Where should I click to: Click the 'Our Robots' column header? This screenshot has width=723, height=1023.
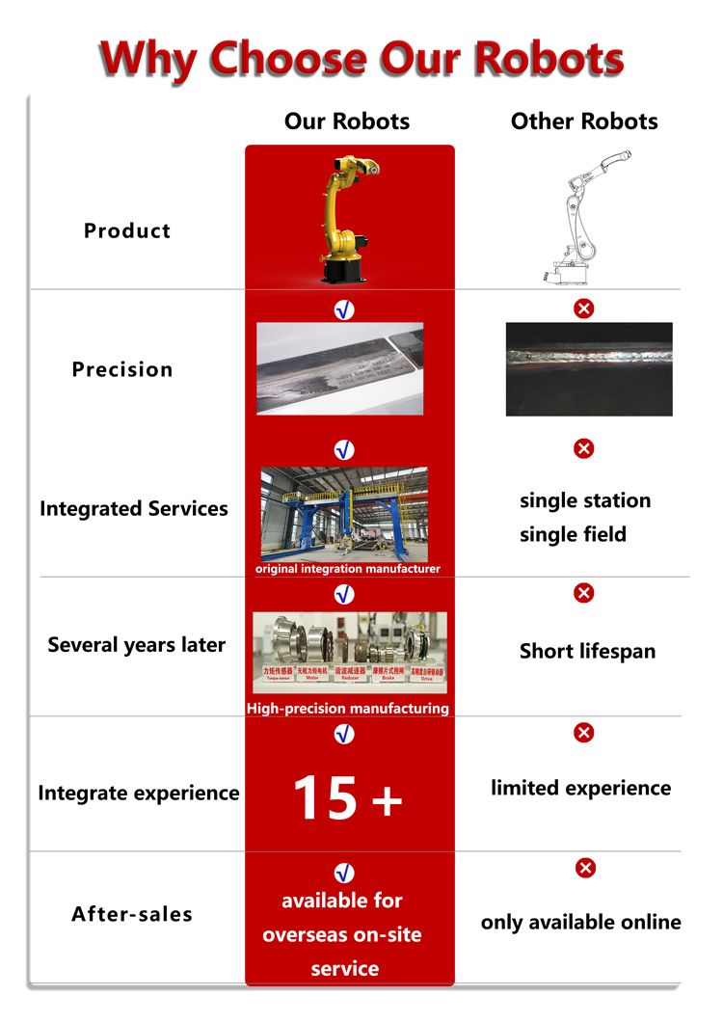click(x=346, y=121)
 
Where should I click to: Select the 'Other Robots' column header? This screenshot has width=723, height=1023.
click(x=584, y=121)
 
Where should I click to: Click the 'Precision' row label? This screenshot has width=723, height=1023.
click(x=122, y=369)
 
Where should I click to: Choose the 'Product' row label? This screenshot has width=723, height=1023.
click(x=127, y=231)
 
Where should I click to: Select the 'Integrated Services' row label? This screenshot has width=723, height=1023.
click(x=134, y=509)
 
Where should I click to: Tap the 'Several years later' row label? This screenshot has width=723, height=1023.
click(x=136, y=645)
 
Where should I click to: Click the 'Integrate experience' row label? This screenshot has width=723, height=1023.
click(x=139, y=794)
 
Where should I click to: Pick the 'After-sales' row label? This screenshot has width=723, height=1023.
click(x=132, y=914)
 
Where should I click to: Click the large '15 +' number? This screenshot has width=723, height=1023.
click(x=346, y=798)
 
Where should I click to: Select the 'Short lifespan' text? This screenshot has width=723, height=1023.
click(x=587, y=652)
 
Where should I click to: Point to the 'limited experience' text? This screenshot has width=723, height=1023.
click(x=580, y=789)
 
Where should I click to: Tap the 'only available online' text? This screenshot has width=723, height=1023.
click(x=580, y=923)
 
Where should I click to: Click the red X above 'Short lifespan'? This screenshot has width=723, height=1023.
click(x=583, y=592)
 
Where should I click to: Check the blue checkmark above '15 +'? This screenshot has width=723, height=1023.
click(x=344, y=735)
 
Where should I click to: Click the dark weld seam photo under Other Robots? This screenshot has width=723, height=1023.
click(x=589, y=369)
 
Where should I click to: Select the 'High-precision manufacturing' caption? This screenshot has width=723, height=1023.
click(x=348, y=709)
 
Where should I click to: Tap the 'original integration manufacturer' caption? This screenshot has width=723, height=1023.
click(x=347, y=569)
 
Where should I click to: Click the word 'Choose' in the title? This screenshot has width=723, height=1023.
click(x=287, y=60)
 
